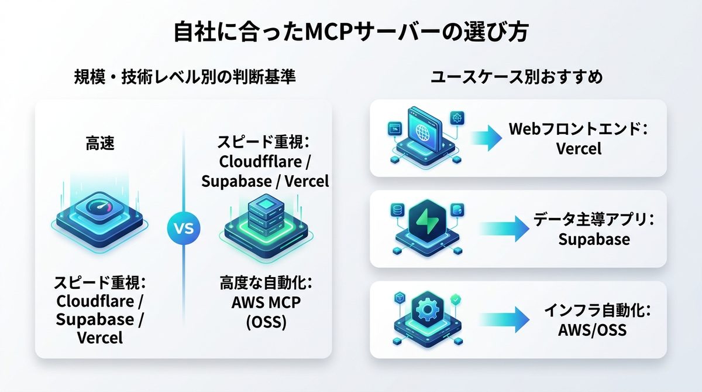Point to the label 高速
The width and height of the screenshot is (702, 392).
point(100,144)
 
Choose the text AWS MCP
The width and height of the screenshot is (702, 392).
point(265,303)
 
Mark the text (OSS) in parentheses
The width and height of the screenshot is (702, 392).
point(265,322)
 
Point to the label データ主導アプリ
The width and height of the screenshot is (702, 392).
point(593,220)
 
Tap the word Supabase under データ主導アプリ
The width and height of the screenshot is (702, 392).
point(593,240)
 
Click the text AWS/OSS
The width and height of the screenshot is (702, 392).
point(592,330)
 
